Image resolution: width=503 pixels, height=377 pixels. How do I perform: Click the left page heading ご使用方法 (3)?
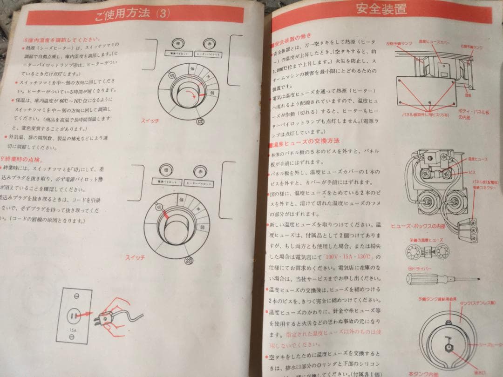(131, 13)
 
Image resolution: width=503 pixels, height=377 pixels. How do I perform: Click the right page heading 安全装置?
(381, 10)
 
